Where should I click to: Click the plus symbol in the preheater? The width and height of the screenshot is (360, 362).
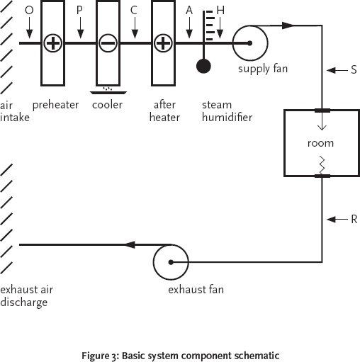coord(52,44)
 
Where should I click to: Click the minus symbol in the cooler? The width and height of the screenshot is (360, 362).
coord(108,44)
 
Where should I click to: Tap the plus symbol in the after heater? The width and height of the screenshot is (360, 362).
coord(163,44)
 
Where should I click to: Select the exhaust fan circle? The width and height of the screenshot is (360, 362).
coord(170,262)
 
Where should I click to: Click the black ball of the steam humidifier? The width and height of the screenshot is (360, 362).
coord(203,67)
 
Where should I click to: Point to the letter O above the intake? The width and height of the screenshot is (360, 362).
coord(28,10)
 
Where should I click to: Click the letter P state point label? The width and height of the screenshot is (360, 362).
coord(80,10)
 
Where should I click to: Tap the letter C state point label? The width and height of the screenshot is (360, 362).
coord(134,10)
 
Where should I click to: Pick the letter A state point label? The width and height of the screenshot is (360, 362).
coord(189,10)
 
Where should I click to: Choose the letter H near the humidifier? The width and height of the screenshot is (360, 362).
coord(220,11)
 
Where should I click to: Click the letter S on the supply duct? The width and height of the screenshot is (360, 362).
coord(353,70)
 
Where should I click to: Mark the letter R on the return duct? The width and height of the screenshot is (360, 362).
coord(353,219)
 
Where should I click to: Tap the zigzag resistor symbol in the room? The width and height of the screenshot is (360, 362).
coord(322,164)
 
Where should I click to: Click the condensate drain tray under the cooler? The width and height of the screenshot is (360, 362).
coord(108,91)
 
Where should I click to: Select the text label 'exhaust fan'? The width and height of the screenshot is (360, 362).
coord(191,290)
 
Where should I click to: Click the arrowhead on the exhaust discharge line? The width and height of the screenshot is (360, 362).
coord(130,245)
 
